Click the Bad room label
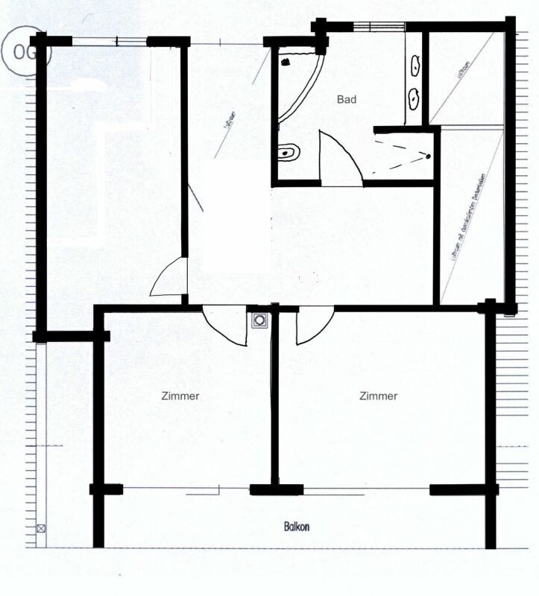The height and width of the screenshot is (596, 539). [x=347, y=99]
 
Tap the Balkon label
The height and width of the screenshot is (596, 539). [x=296, y=527]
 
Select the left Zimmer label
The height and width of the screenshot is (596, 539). [x=180, y=396]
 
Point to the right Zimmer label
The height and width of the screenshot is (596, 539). [x=378, y=396]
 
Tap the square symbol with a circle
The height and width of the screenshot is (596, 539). [x=259, y=320]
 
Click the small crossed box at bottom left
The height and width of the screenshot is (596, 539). [x=41, y=529]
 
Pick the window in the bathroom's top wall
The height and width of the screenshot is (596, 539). [x=368, y=28]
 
